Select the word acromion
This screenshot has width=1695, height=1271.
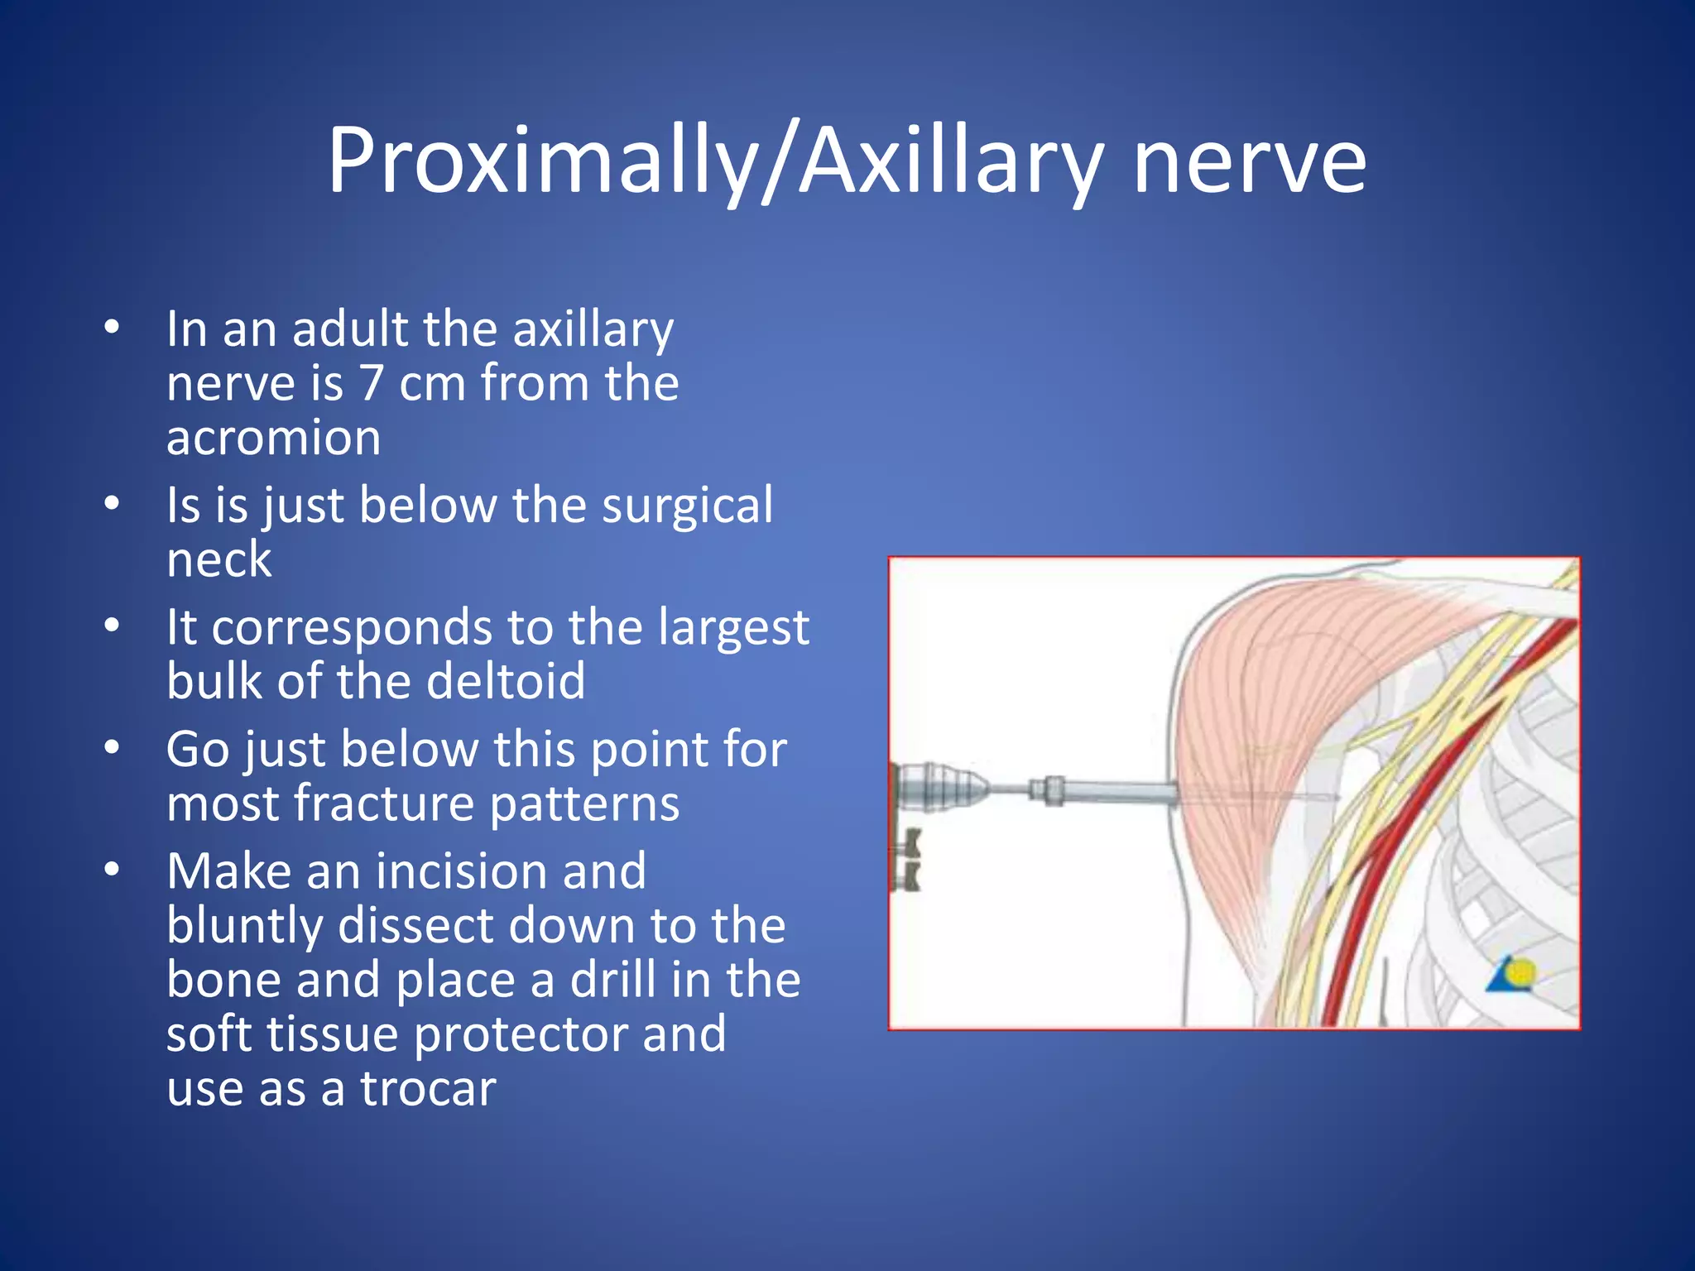(x=273, y=439)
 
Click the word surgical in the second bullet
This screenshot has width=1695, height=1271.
(x=687, y=506)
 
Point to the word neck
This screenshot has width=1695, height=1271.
(x=218, y=560)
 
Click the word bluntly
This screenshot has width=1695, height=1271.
(x=244, y=927)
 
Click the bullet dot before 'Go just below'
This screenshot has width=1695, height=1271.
(x=113, y=749)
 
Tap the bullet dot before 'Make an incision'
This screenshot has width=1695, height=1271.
(x=113, y=871)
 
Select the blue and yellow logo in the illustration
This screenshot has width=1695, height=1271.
(x=1513, y=975)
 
